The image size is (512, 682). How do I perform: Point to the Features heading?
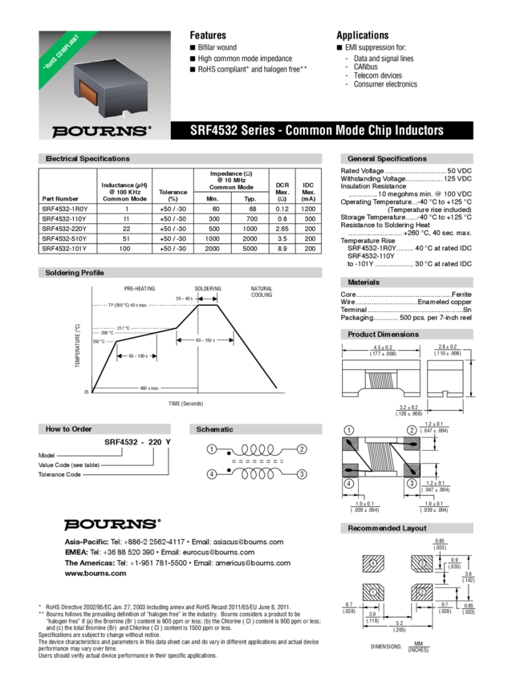207,35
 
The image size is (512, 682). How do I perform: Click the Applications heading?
362,35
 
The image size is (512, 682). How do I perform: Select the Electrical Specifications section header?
87,159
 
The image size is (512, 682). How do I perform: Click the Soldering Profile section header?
75,274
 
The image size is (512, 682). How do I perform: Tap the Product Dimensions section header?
382,334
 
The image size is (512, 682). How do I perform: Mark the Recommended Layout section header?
386,528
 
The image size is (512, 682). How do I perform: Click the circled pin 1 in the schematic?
213,448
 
